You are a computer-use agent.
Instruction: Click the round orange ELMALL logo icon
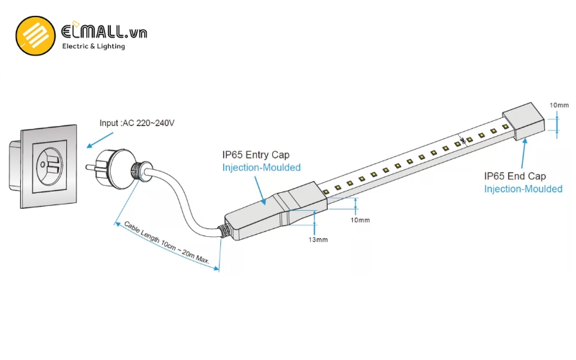36,36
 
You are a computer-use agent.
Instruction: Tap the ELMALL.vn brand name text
104,31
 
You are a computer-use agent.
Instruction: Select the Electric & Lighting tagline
94,47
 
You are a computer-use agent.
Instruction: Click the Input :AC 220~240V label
138,123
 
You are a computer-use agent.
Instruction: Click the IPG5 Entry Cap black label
261,155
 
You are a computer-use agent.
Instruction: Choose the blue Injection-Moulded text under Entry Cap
261,168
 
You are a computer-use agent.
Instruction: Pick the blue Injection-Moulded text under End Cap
523,189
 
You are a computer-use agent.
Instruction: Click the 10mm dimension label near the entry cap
360,220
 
